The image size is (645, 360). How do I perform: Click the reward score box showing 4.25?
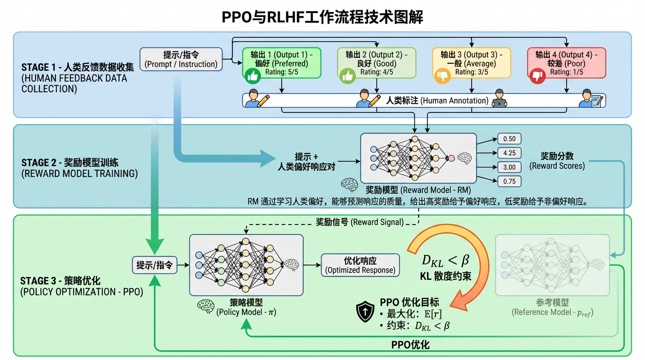(509, 153)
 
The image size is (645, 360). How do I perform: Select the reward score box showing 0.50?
(509, 139)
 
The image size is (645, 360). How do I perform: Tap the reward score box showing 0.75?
(509, 181)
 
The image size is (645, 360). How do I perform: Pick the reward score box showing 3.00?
(509, 167)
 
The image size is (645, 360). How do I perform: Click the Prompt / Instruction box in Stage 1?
(181, 59)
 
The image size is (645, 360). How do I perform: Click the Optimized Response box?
(360, 265)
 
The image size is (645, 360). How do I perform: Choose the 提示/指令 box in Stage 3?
(154, 265)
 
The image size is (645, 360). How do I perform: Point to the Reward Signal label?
(359, 222)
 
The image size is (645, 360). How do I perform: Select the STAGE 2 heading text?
(70, 163)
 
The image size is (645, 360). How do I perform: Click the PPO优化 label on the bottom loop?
(410, 345)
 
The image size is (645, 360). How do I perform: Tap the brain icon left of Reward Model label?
(350, 185)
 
